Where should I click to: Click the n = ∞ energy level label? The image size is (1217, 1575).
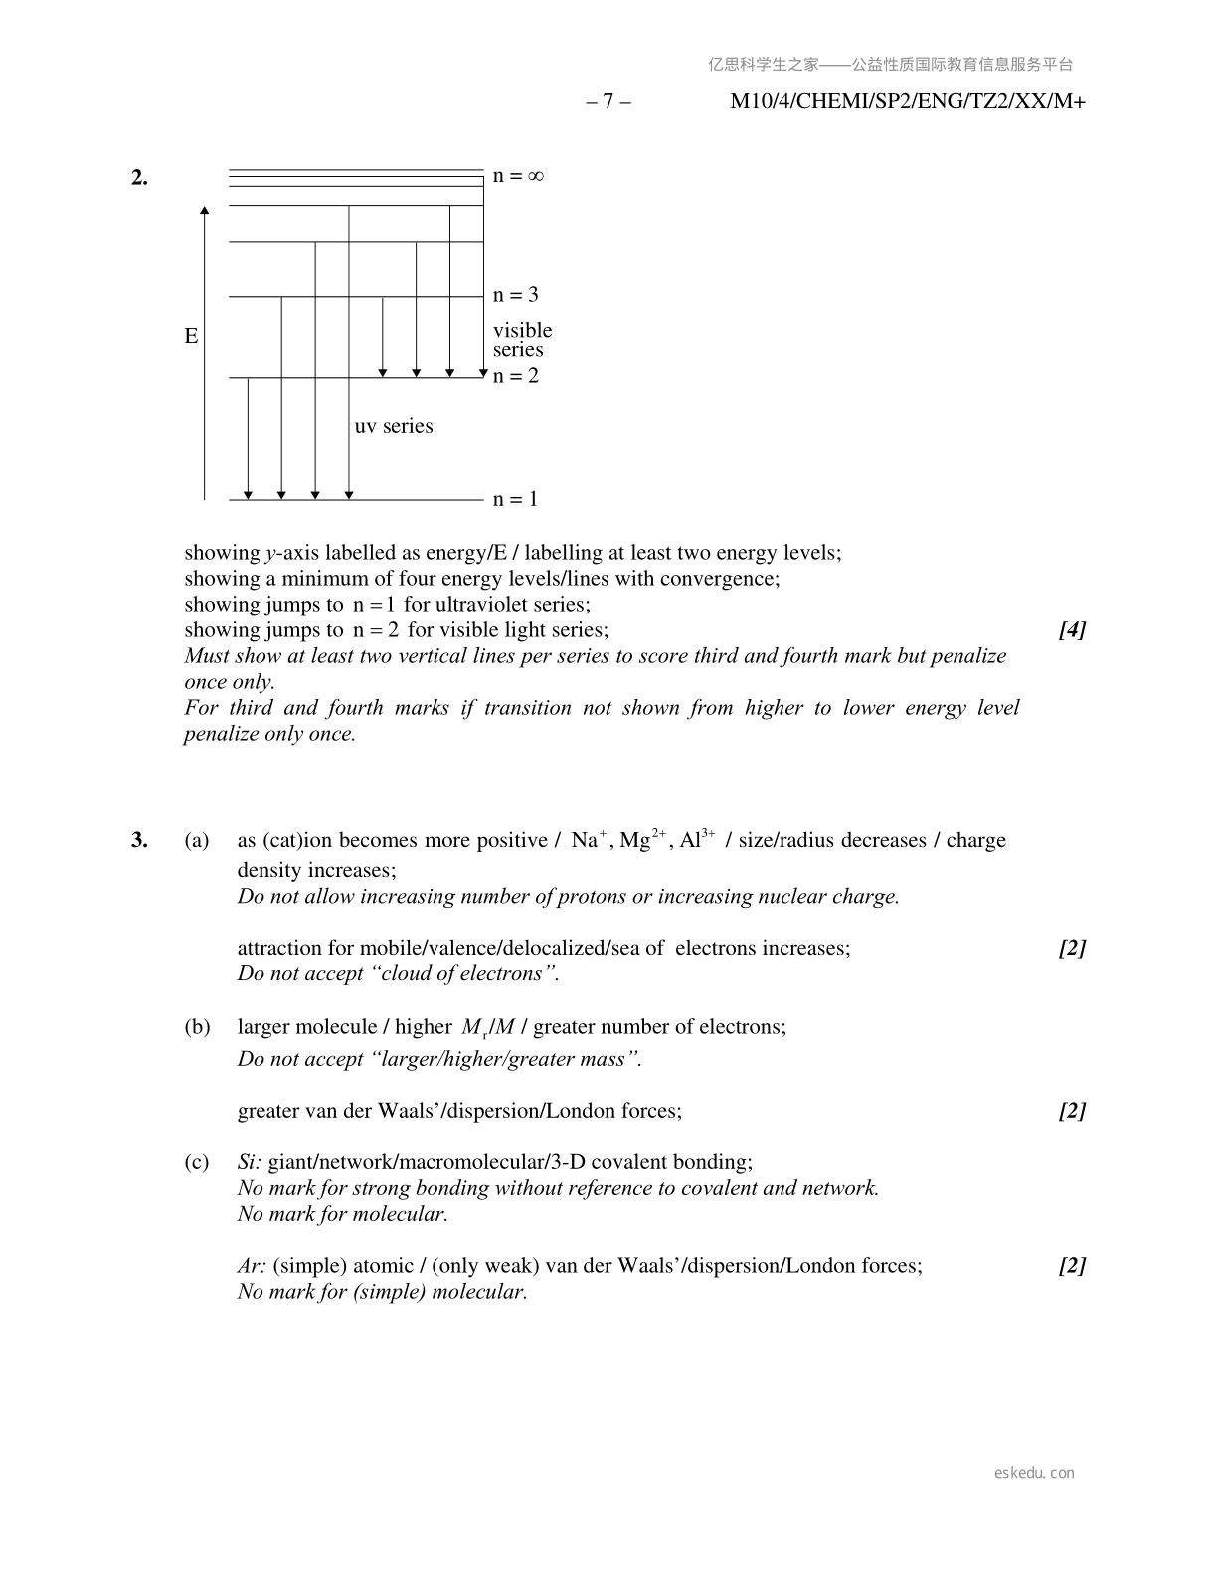518,176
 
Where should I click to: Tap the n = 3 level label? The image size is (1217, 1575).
515,295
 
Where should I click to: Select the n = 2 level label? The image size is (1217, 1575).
515,376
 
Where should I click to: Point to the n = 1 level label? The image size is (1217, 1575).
515,499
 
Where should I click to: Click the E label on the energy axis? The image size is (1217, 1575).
191,336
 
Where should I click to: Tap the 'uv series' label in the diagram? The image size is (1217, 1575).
394,426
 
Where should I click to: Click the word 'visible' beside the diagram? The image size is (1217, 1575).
522,330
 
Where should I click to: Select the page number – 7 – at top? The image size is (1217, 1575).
608,101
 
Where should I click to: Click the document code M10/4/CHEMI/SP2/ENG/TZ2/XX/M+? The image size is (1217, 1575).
907,101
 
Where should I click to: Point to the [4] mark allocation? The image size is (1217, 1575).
1072,630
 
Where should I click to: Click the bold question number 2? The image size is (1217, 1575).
139,178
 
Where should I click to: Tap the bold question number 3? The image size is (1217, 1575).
139,840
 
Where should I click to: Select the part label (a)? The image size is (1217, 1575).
197,840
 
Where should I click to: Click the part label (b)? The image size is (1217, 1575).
197,1027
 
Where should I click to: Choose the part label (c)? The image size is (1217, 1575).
197,1162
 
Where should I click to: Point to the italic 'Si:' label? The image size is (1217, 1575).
250,1162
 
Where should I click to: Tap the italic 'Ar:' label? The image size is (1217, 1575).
252,1266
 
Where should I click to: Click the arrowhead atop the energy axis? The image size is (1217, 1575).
205,210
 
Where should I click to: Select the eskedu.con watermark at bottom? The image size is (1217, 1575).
1034,1473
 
